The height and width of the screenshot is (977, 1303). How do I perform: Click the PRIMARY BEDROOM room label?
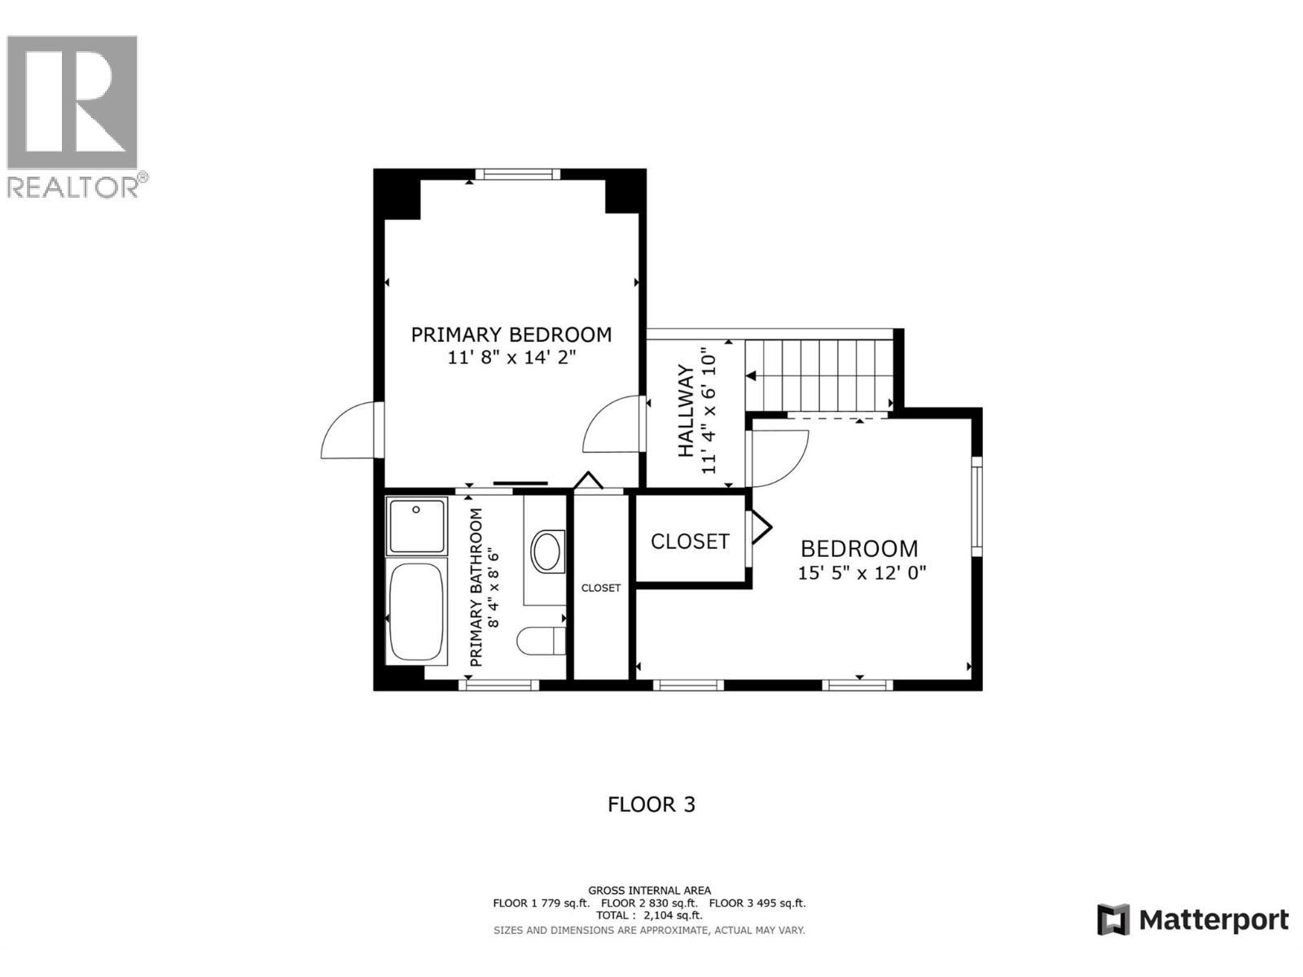(x=511, y=335)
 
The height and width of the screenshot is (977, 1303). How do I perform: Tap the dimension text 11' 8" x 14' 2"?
(x=511, y=357)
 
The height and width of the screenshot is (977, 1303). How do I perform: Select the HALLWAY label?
(x=686, y=411)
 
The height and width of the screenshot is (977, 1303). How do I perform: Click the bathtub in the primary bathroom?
(x=417, y=611)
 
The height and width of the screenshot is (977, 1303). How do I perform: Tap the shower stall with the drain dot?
(x=416, y=526)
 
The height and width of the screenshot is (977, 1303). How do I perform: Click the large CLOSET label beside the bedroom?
(x=690, y=541)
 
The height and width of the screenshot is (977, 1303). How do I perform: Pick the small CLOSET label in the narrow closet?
(x=601, y=588)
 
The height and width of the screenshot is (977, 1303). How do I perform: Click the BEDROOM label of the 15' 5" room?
(x=859, y=549)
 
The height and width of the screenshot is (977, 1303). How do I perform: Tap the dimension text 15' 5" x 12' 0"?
(x=862, y=573)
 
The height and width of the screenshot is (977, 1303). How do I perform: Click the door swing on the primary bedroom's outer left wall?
(x=350, y=432)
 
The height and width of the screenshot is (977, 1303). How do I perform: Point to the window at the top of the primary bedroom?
(x=518, y=173)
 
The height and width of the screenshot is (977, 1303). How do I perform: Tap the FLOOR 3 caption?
(x=651, y=804)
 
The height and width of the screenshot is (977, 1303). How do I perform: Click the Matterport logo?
(x=1193, y=920)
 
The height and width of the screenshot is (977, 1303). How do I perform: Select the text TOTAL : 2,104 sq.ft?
(x=649, y=916)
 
